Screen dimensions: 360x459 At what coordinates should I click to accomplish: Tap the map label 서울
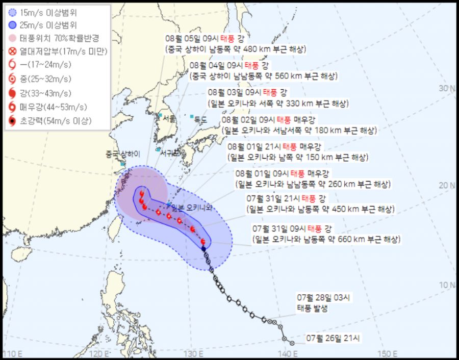pos(170,118)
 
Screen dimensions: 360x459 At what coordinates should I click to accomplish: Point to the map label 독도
pos(200,120)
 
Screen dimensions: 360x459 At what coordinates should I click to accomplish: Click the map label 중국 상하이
pos(122,154)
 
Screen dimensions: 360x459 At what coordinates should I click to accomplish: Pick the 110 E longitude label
pos(13,353)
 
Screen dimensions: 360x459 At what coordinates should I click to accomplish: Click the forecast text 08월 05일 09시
pos(189,39)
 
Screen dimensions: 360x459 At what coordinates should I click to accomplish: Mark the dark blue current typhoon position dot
pos(203,249)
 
